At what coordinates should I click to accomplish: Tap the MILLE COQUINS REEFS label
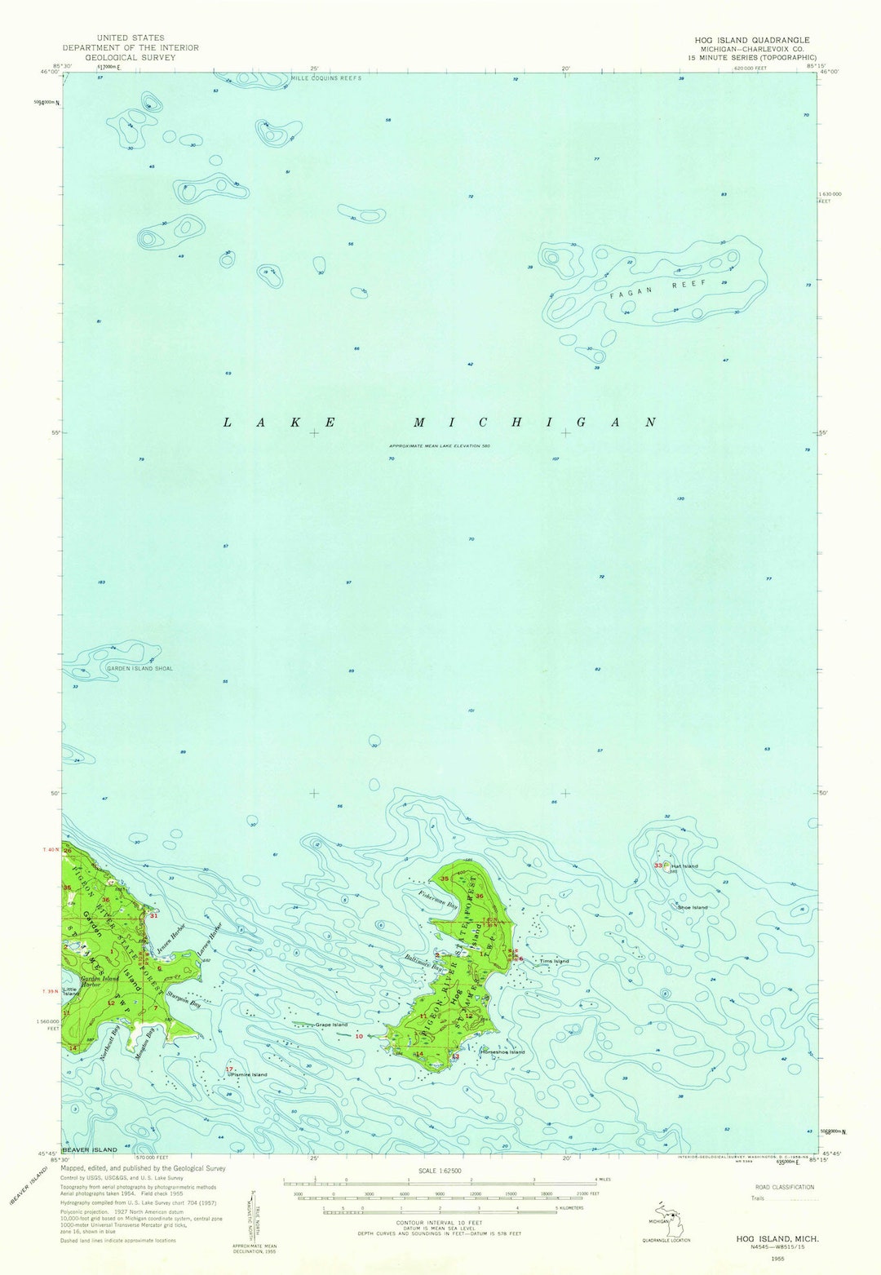[x=325, y=78]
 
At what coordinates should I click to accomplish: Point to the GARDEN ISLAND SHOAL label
[x=139, y=668]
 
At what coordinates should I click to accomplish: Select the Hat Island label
[x=684, y=865]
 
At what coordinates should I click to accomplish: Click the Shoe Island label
[x=692, y=907]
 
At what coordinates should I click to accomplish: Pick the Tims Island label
[x=554, y=961]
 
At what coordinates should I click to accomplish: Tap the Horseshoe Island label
[x=503, y=1051]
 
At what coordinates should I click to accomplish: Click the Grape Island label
[x=331, y=1025]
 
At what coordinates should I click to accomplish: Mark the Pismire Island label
[x=249, y=1074]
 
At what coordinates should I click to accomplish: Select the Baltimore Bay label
[x=422, y=963]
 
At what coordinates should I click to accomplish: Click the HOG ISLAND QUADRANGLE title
[x=752, y=40]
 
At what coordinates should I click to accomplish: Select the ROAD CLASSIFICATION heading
[x=784, y=1187]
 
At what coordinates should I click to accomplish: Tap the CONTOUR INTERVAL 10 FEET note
[x=440, y=1223]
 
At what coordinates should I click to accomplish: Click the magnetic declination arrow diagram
[x=253, y=1215]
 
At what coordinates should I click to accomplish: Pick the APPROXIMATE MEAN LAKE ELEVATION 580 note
[x=440, y=446]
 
